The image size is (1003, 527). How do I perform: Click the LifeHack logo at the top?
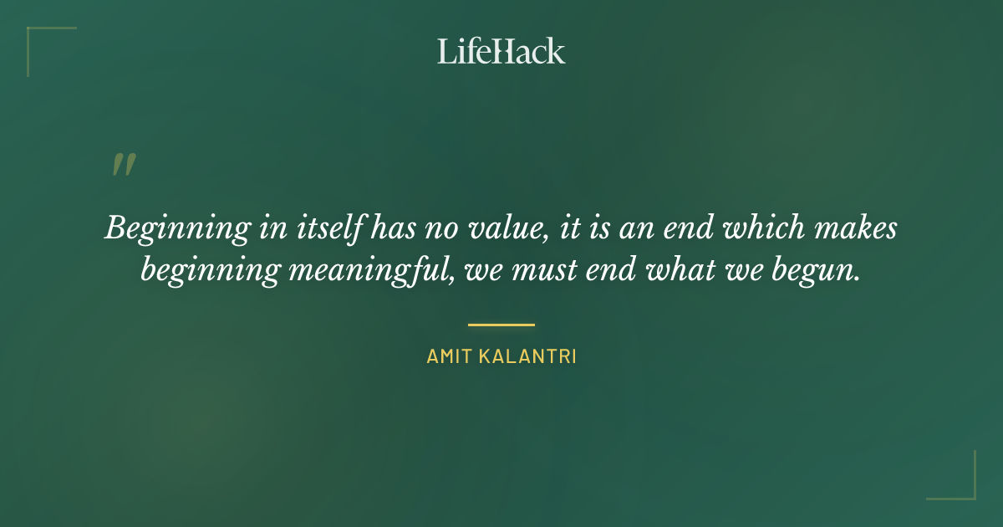(x=501, y=51)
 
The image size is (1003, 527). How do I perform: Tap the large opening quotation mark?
(x=123, y=165)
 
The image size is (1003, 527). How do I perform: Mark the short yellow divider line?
(x=501, y=325)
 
